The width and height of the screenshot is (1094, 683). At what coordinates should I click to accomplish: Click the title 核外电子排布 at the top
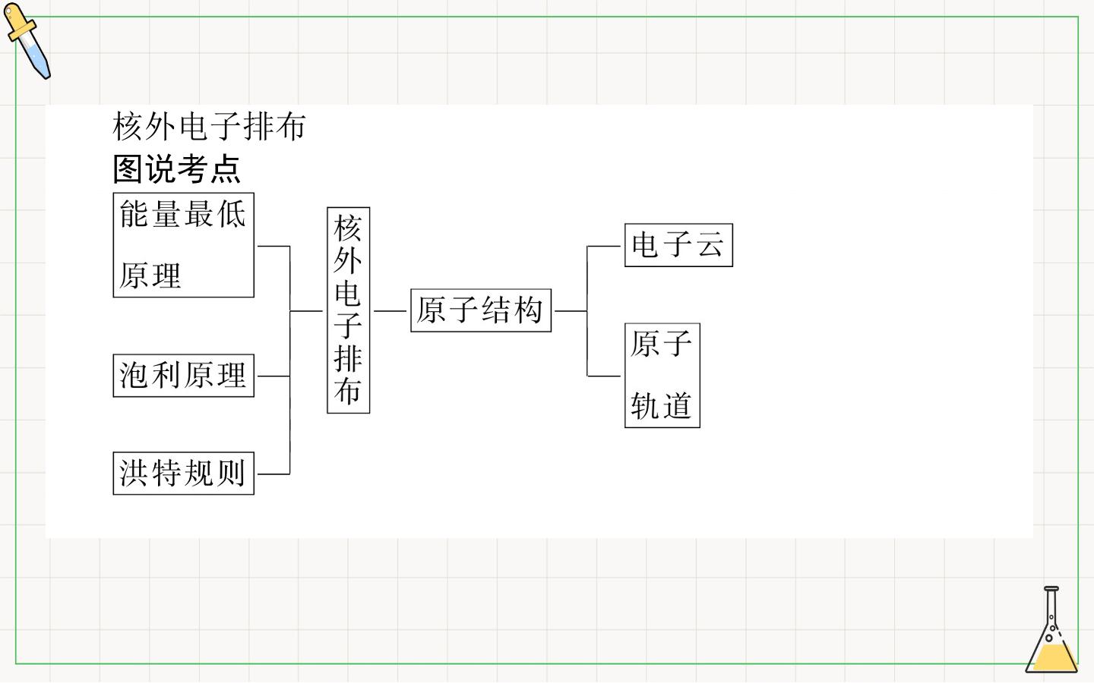[209, 126]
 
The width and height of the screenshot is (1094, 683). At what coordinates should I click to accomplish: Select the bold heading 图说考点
[176, 168]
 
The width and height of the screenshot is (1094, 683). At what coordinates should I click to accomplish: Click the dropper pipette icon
[27, 40]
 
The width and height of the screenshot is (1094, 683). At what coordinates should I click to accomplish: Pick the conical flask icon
[1051, 629]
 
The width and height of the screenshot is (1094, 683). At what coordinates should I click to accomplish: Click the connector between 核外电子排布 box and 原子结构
[390, 311]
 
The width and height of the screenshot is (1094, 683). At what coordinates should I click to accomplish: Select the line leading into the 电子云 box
[604, 247]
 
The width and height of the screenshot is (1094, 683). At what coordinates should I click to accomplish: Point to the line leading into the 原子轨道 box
[604, 376]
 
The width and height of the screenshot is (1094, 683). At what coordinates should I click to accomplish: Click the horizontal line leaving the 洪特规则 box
[273, 474]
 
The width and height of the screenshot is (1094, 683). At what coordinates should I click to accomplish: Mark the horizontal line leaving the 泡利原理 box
[273, 376]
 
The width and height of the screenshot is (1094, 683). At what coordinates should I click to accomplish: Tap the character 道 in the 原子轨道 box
[678, 406]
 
